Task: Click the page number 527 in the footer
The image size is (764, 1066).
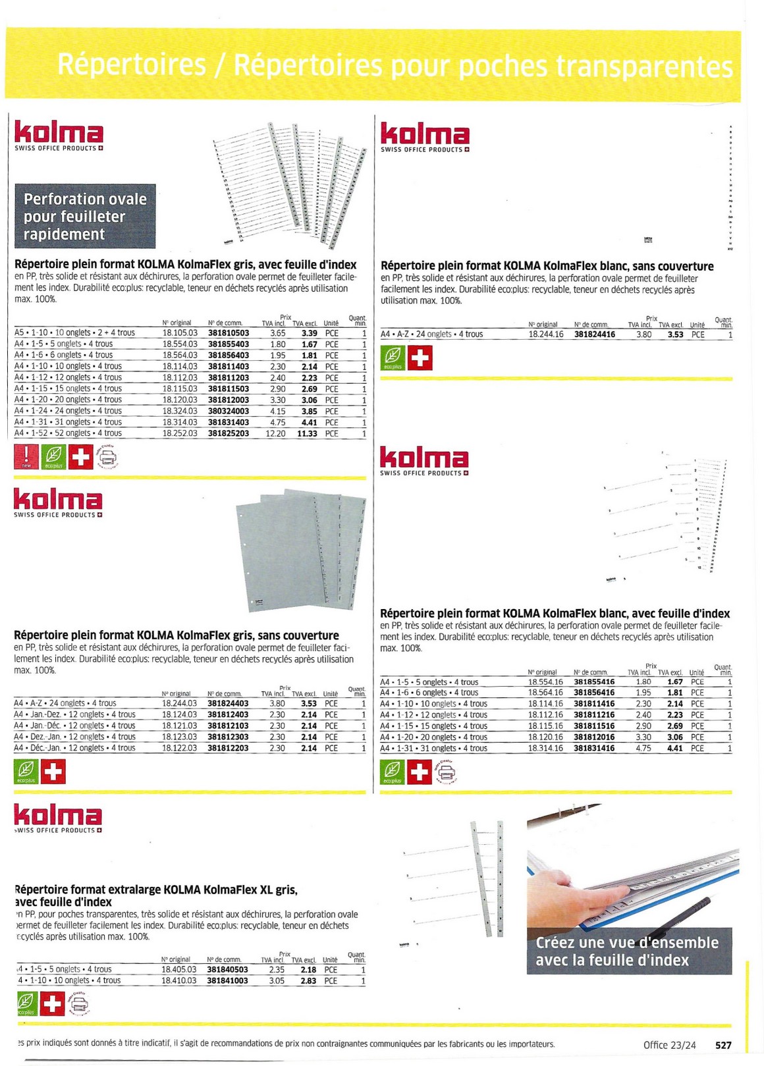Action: click(723, 1045)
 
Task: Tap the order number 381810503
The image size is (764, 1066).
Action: click(229, 333)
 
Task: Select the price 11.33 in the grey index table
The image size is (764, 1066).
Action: click(307, 434)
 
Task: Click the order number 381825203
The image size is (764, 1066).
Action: click(229, 434)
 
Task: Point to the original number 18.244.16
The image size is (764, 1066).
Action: click(546, 334)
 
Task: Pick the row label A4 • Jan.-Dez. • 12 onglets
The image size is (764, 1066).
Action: click(74, 714)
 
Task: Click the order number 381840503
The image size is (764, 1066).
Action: click(227, 970)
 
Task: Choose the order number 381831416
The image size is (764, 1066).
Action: click(594, 749)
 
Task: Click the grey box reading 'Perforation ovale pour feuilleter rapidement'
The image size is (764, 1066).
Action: click(86, 216)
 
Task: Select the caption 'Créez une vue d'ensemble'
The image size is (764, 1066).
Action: click(627, 943)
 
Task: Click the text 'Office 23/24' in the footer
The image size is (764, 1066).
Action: click(669, 1045)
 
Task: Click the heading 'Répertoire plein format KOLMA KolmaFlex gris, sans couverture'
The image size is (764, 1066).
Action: click(177, 635)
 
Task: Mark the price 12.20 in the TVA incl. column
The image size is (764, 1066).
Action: click(275, 434)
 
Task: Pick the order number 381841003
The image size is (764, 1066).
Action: click(227, 981)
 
